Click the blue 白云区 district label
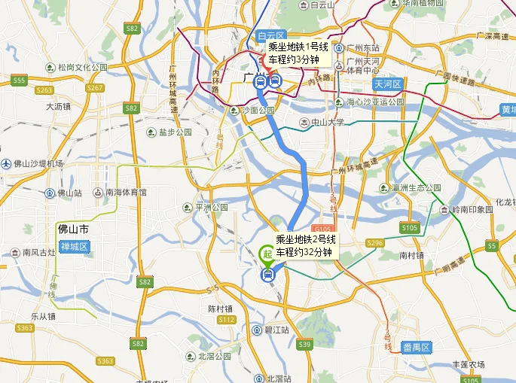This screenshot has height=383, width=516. [x=269, y=35]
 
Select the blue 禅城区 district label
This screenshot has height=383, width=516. [x=75, y=247]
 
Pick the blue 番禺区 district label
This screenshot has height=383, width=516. [x=415, y=347]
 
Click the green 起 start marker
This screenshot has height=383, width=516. [x=267, y=254]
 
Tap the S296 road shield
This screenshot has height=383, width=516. [x=374, y=242]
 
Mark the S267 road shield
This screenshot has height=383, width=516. [x=95, y=88]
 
